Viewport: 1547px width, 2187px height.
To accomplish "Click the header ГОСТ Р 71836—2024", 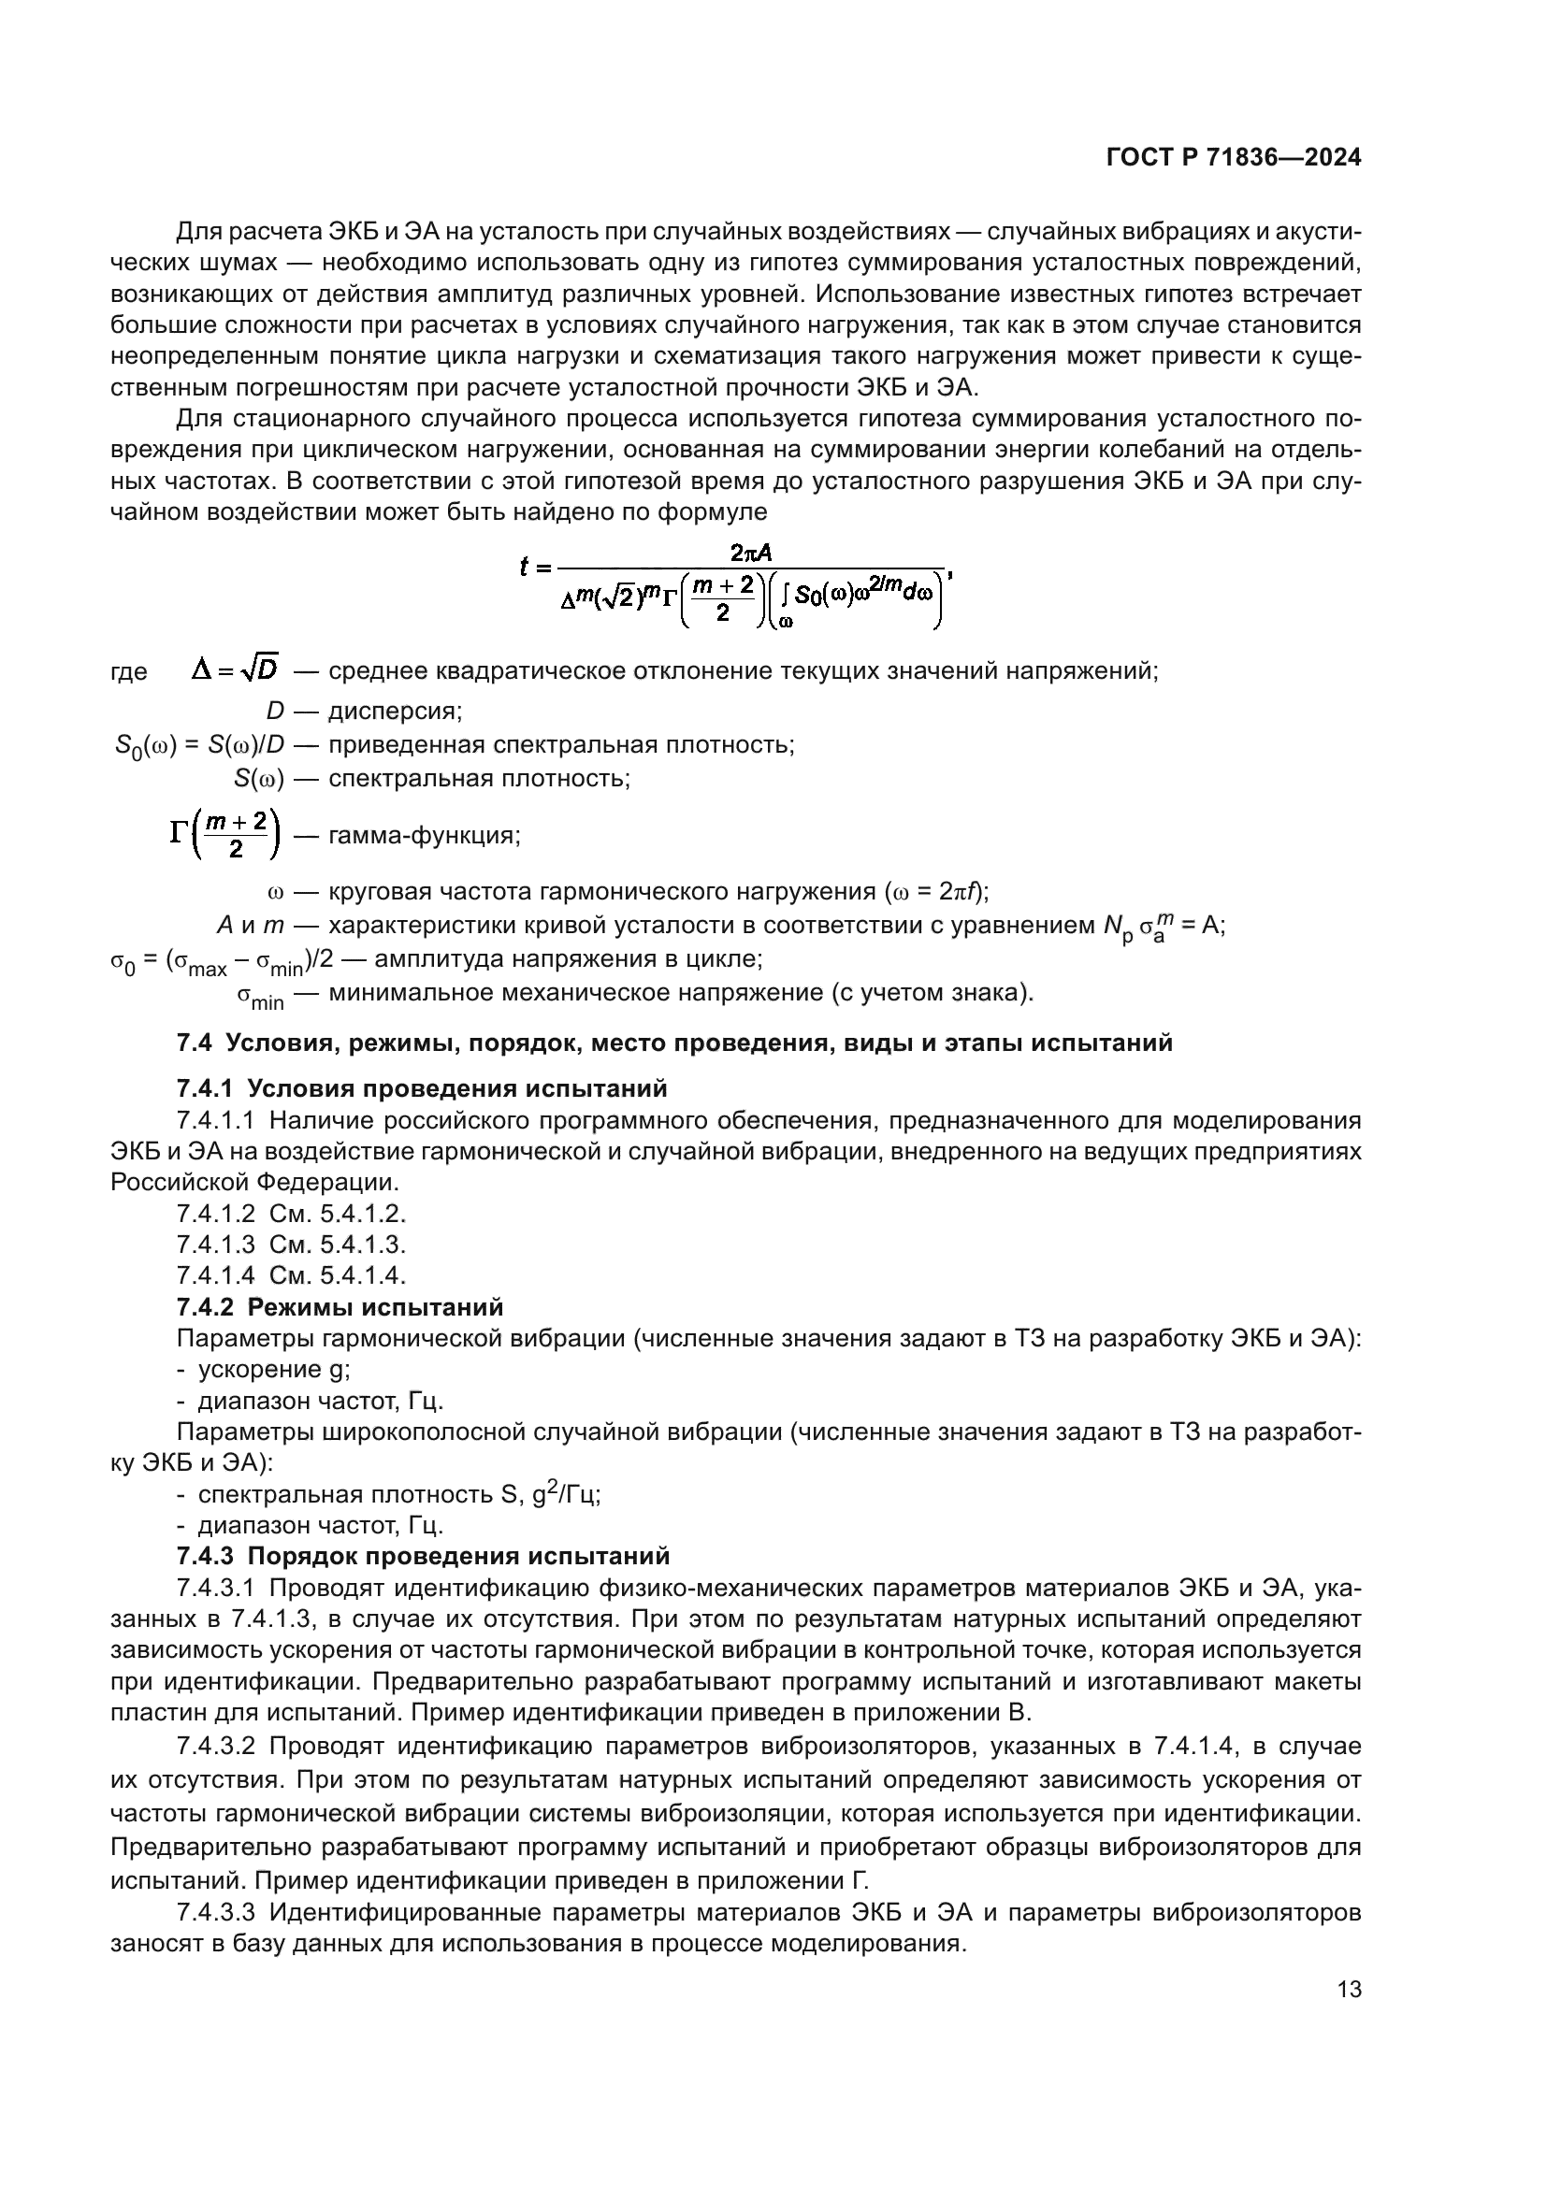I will (x=1234, y=158).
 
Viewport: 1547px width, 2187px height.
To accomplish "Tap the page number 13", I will (x=1349, y=1989).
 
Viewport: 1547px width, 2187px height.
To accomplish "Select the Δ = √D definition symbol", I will (x=235, y=670).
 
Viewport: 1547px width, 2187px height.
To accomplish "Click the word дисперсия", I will (x=395, y=711).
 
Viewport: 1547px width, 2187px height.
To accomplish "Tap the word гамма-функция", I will (x=424, y=835).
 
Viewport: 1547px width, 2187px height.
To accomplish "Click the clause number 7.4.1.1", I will (x=215, y=1120).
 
